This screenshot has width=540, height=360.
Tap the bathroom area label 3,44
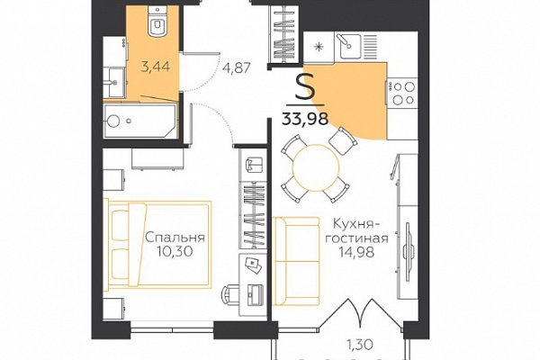156,66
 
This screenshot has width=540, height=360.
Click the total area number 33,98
305,119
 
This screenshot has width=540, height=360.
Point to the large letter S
305,87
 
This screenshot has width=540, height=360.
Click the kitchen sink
348,45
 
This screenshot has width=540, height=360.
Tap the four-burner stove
403,92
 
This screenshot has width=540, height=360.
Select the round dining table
316,167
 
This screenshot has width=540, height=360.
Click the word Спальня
175,238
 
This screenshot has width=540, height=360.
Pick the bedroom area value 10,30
175,252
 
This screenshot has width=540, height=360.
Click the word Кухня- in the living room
357,224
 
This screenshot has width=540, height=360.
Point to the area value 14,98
357,253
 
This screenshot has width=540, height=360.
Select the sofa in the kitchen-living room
296,261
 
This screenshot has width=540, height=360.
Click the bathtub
140,120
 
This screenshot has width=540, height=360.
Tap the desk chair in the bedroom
230,294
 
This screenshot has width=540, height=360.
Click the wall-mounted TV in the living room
407,247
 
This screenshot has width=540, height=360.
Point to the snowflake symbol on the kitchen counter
319,47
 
